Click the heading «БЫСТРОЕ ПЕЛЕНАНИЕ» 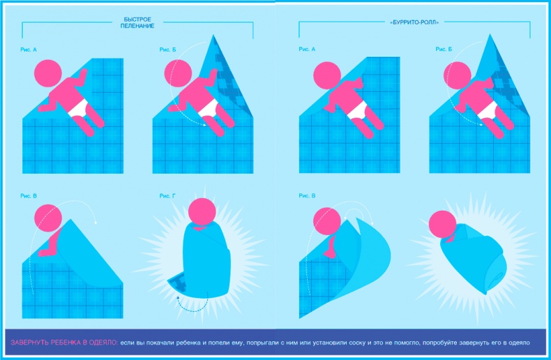[137, 22]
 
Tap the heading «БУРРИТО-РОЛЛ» [415, 22]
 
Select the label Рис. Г [167, 196]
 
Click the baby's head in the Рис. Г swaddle [202, 211]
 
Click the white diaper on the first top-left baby [79, 108]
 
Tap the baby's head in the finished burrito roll [443, 224]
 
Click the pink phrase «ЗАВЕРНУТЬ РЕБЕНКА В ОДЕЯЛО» [64, 343]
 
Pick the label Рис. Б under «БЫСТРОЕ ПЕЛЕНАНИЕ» [167, 50]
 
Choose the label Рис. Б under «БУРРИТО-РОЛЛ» [444, 50]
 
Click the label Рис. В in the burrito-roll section [307, 195]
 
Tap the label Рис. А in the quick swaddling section [29, 50]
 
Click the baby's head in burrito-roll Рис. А [327, 75]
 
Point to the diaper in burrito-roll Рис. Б [488, 110]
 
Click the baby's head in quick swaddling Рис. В [48, 218]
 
